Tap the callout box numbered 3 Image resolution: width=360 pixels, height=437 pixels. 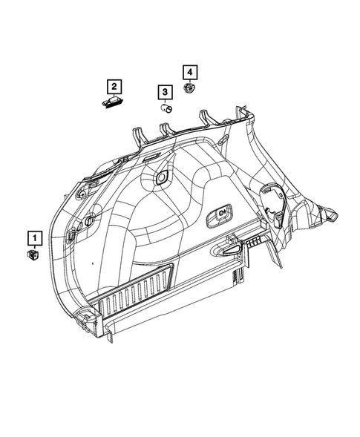166,92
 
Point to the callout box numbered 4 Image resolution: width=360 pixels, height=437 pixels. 189,72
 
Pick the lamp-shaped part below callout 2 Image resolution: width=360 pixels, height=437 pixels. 114,102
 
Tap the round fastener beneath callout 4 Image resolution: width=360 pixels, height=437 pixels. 190,89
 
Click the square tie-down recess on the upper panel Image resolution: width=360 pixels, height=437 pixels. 160,179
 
